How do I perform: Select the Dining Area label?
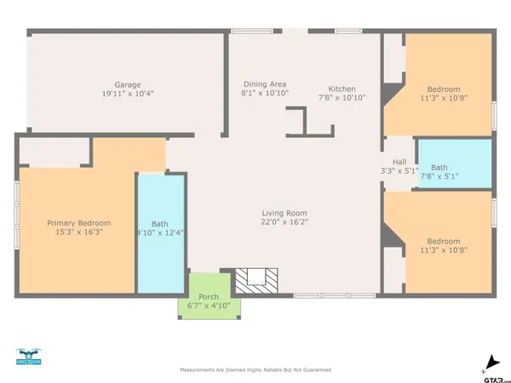tap(265, 83)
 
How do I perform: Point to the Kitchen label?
tap(342, 89)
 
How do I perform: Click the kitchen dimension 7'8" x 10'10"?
tap(342, 98)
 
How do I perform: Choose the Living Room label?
tap(284, 213)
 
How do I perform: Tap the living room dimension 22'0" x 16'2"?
tap(284, 222)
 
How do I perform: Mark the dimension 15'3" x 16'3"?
tap(76, 232)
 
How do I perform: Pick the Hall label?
tap(399, 162)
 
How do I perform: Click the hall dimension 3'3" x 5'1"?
tap(399, 171)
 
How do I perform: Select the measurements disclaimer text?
tap(255, 370)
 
